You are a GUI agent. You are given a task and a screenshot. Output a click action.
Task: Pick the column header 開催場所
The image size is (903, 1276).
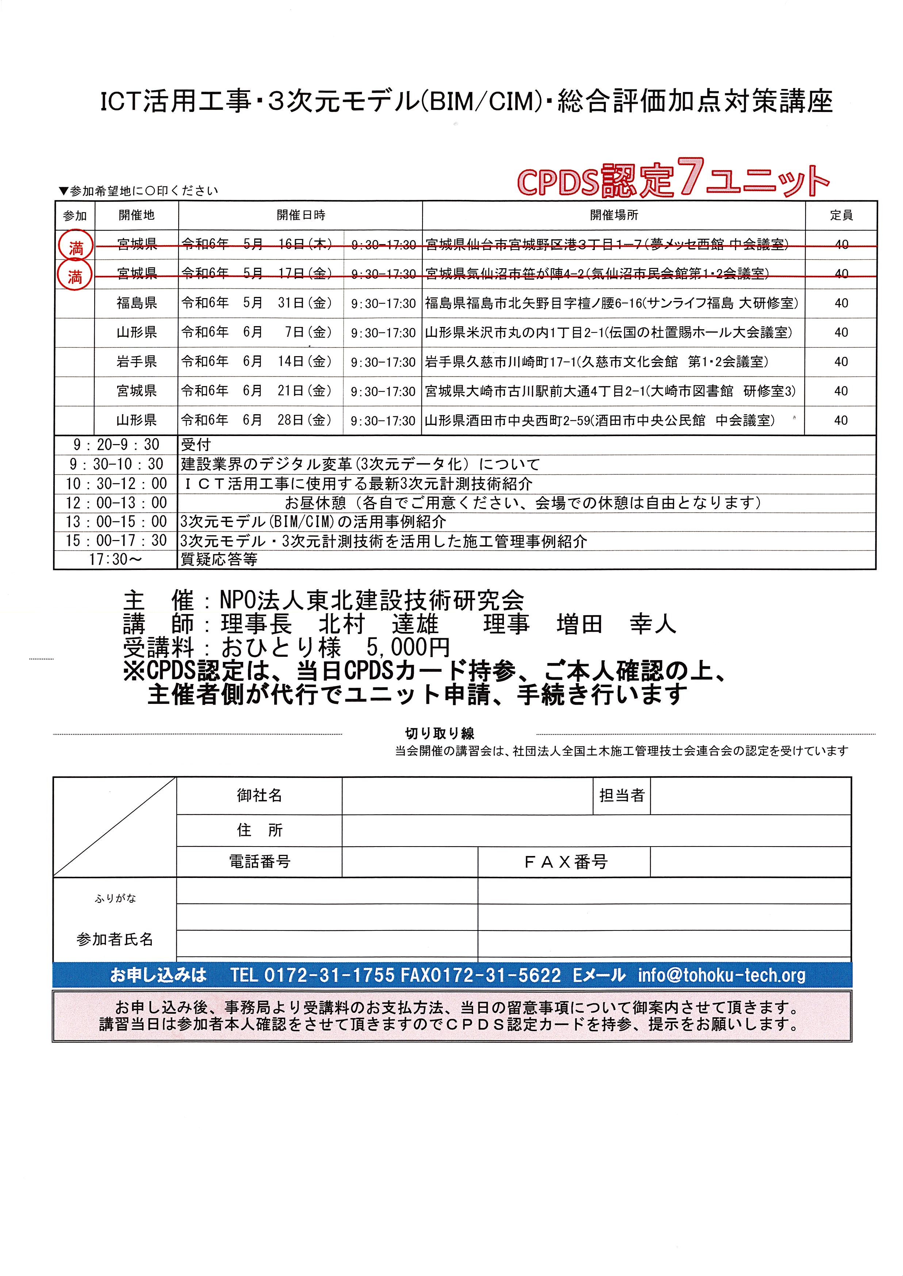[614, 215]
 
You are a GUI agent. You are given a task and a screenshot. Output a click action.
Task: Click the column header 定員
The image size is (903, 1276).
[841, 215]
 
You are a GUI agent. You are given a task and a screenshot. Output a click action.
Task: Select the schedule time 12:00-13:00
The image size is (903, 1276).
[116, 503]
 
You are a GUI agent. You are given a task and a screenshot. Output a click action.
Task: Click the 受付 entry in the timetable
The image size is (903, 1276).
[196, 444]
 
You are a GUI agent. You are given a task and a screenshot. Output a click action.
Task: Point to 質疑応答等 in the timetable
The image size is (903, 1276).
[219, 560]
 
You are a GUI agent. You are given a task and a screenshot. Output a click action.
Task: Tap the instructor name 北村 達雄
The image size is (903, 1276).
[378, 624]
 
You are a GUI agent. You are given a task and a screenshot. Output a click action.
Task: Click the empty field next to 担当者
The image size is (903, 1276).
[750, 796]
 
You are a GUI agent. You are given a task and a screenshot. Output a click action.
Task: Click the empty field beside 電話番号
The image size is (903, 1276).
[409, 862]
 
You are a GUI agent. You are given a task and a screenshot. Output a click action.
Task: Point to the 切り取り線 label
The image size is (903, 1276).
[439, 733]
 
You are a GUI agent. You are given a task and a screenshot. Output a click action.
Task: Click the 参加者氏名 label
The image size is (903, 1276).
[115, 939]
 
